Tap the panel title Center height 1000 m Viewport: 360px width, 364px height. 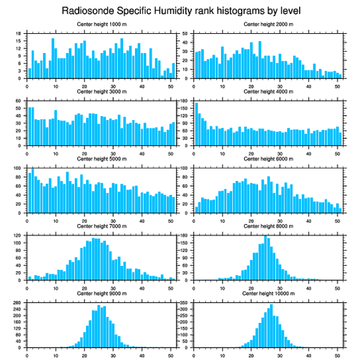point(102,24)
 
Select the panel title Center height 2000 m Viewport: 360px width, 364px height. point(268,24)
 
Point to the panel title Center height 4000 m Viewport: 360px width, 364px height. point(268,91)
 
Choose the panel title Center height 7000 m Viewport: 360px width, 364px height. point(102,226)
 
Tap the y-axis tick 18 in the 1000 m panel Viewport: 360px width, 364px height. point(19,34)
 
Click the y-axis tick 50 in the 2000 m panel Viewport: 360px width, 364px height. point(186,34)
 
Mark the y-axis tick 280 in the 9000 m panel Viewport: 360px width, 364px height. point(18,303)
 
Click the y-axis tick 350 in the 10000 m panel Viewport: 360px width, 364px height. point(184,303)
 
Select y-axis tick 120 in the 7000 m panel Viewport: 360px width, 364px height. point(18,235)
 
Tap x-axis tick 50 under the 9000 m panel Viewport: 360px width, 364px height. point(170,354)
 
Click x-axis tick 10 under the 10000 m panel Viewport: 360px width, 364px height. point(222,354)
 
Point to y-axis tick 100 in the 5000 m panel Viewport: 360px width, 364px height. point(18,168)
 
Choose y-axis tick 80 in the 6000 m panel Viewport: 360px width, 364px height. point(186,177)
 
